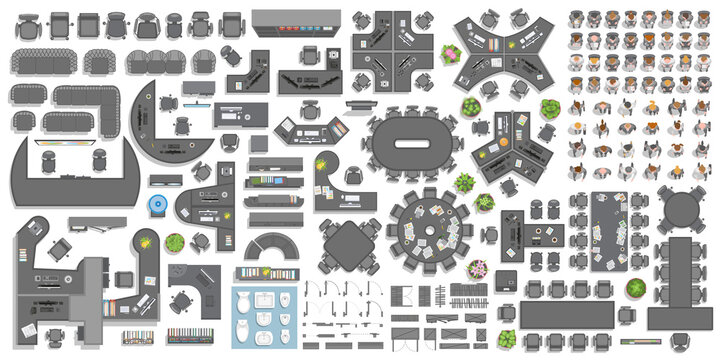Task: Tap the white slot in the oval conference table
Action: coord(411,143)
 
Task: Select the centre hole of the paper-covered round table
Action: coord(431,226)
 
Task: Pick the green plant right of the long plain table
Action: coord(635,290)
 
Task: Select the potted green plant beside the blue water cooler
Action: coord(174,242)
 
